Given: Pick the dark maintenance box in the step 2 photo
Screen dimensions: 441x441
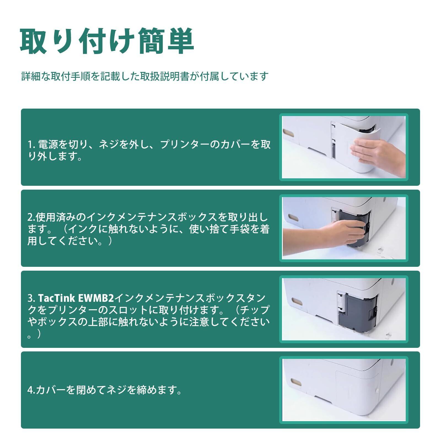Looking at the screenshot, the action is pyautogui.click(x=356, y=227).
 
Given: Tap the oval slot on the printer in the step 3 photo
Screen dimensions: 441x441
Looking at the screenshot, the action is pyautogui.click(x=297, y=302).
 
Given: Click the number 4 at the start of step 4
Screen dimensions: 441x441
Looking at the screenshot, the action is pyautogui.click(x=30, y=390).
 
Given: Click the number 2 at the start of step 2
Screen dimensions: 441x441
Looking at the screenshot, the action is pyautogui.click(x=30, y=218).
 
